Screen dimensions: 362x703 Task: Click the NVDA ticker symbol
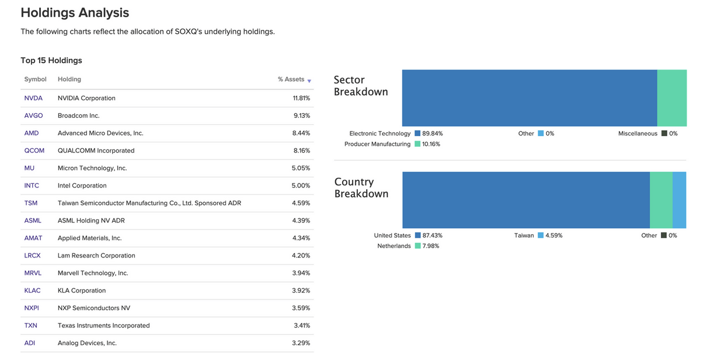tap(33, 98)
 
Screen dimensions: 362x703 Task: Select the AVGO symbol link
tap(33, 116)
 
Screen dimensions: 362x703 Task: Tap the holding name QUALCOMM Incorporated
tap(96, 151)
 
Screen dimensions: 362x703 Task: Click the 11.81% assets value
tap(301, 98)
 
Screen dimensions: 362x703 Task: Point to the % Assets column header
tap(291, 79)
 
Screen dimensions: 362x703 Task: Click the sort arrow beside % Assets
tap(309, 81)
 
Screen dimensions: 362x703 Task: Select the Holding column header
tap(69, 79)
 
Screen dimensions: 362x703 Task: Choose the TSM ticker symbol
tap(31, 203)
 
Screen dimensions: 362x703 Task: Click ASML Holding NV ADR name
tap(91, 221)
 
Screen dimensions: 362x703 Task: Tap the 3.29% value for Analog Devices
tap(301, 343)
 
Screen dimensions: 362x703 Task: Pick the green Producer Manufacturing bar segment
tap(671, 98)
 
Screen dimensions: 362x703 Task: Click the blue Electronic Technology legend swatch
tap(417, 134)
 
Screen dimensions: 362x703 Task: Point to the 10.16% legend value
tap(431, 144)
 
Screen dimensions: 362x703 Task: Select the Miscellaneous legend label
tap(638, 134)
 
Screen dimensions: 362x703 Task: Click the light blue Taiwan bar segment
tap(679, 200)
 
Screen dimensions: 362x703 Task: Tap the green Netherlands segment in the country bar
tap(661, 200)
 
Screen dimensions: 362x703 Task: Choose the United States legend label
tap(392, 236)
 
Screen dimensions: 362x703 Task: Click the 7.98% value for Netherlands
tap(430, 246)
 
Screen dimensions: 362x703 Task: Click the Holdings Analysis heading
tap(75, 12)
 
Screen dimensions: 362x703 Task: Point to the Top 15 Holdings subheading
tap(51, 61)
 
